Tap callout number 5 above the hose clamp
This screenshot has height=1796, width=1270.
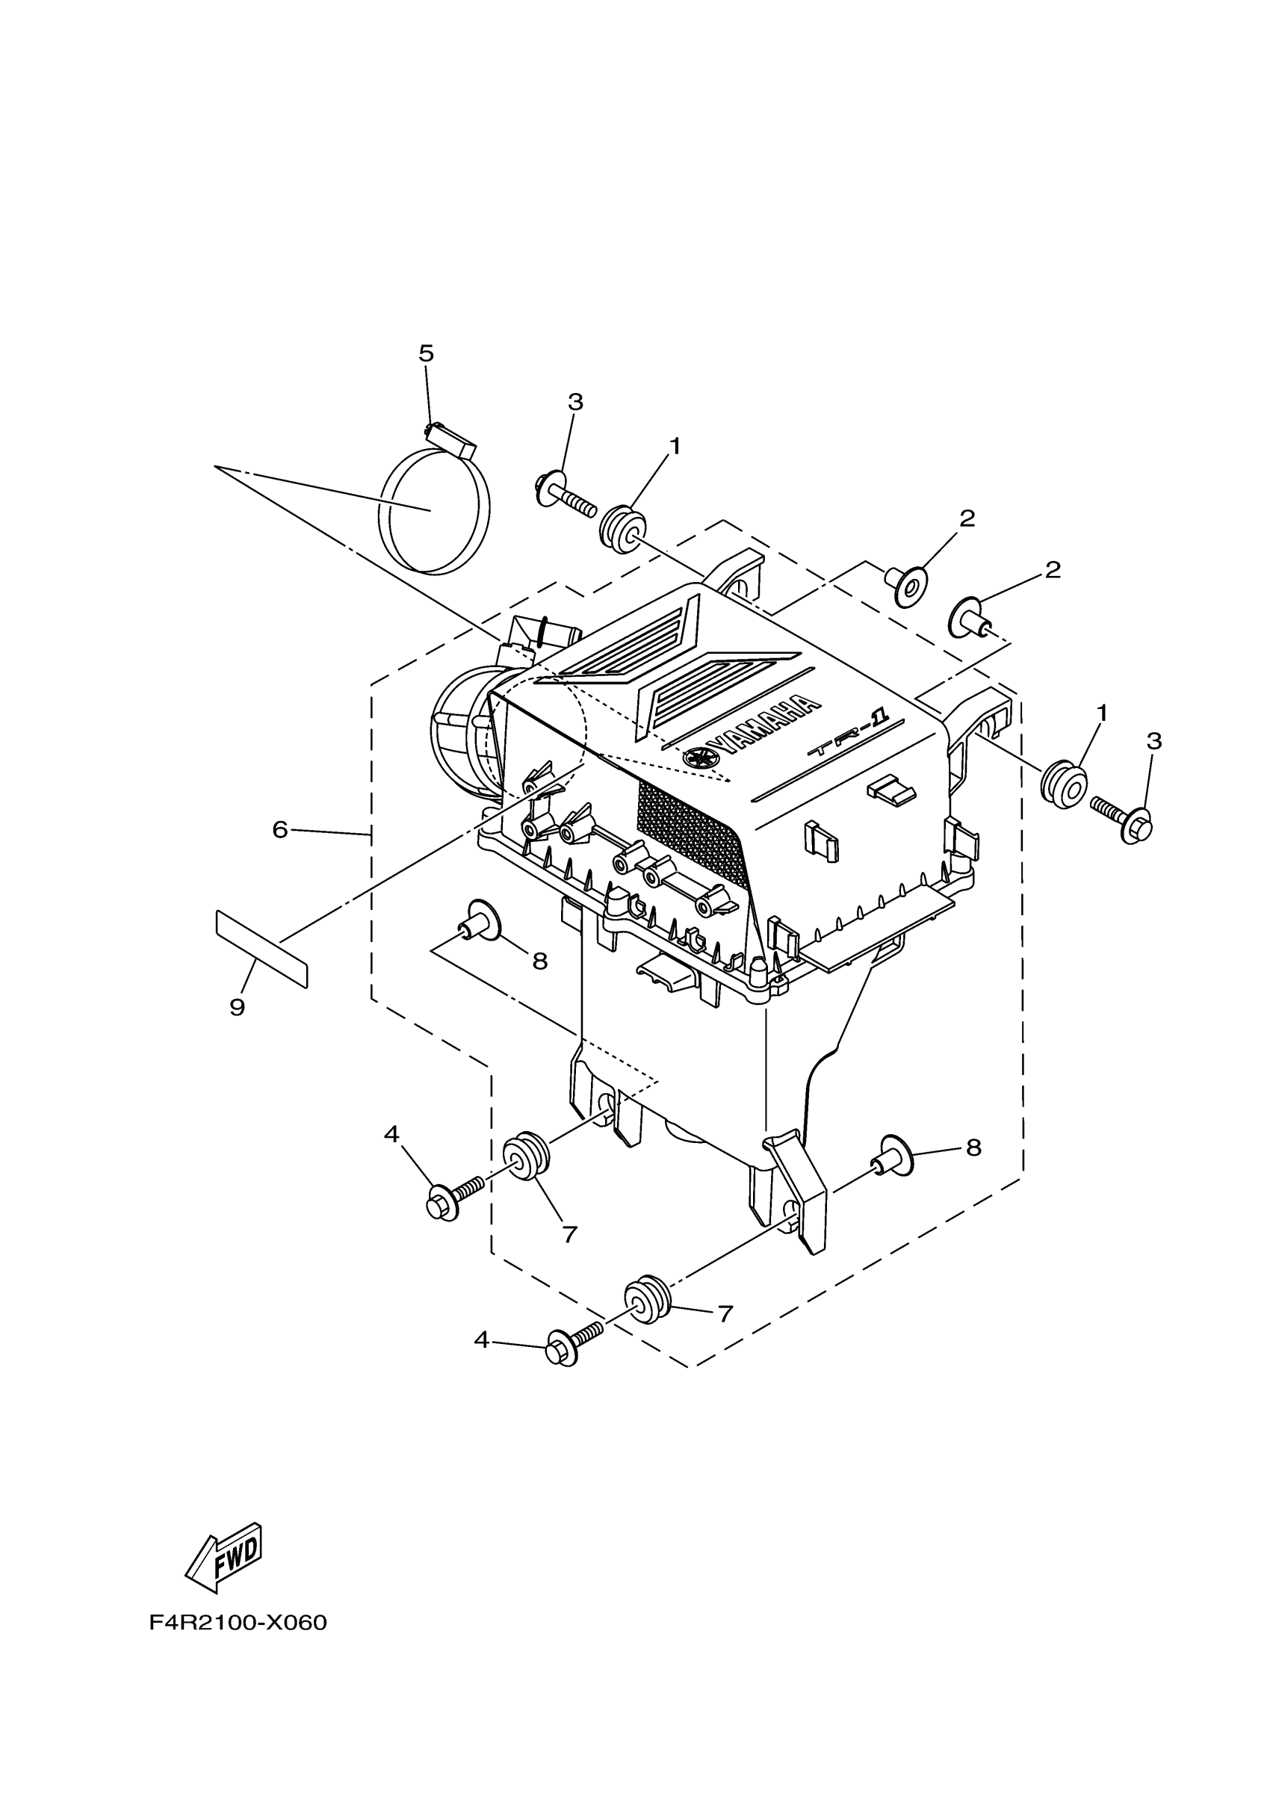tap(427, 353)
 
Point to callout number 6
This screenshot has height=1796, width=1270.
tap(280, 829)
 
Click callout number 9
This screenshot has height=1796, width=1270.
tap(237, 1008)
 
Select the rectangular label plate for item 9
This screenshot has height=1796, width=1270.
tap(261, 949)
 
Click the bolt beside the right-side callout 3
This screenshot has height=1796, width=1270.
tap(1123, 817)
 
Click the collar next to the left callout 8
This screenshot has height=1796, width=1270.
tap(480, 917)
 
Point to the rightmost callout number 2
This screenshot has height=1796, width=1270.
tap(1053, 570)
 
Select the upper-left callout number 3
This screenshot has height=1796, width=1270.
tap(574, 402)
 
